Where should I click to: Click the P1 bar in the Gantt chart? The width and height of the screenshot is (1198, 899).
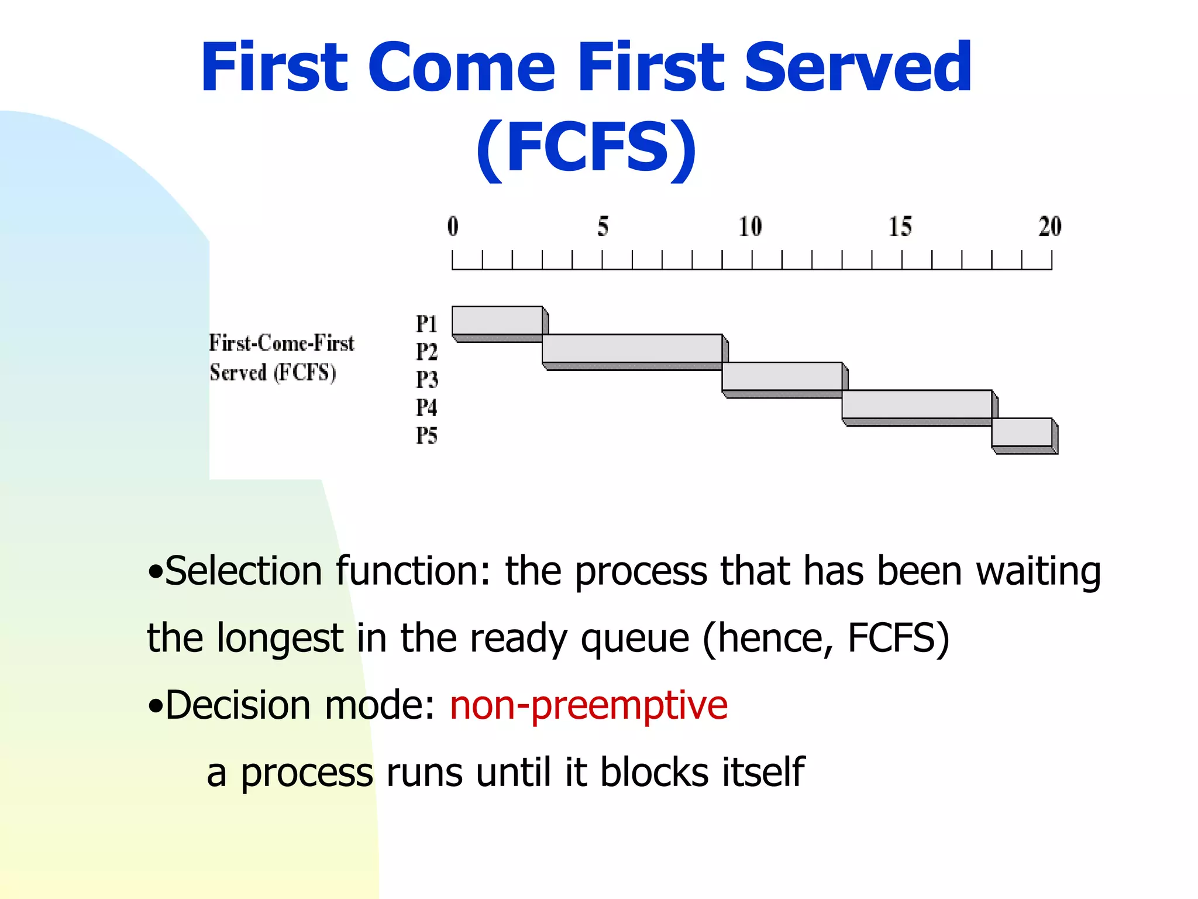click(x=497, y=321)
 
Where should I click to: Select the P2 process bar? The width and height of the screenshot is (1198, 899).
click(x=632, y=349)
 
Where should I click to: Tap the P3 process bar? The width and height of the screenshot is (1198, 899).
click(x=782, y=376)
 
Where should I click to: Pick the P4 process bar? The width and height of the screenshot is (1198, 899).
click(x=917, y=404)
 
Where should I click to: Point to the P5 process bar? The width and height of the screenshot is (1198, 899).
click(x=1021, y=433)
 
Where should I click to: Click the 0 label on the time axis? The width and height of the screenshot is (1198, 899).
click(x=453, y=227)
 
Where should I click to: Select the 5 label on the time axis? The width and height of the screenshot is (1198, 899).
click(x=603, y=227)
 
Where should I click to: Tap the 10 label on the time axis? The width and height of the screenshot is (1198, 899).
click(x=750, y=227)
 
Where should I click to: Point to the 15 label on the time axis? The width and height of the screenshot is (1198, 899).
click(x=900, y=227)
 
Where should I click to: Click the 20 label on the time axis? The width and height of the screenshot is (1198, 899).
click(x=1050, y=227)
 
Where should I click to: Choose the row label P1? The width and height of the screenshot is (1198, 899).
click(x=426, y=324)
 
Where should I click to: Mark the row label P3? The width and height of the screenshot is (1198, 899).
click(x=426, y=380)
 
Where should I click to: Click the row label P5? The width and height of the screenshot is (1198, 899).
click(x=426, y=435)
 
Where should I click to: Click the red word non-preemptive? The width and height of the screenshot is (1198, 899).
click(x=588, y=706)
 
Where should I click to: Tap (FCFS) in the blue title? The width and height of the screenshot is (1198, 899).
click(x=586, y=147)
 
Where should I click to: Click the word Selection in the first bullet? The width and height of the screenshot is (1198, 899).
click(x=243, y=571)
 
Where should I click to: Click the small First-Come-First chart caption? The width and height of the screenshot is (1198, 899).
click(x=281, y=343)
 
